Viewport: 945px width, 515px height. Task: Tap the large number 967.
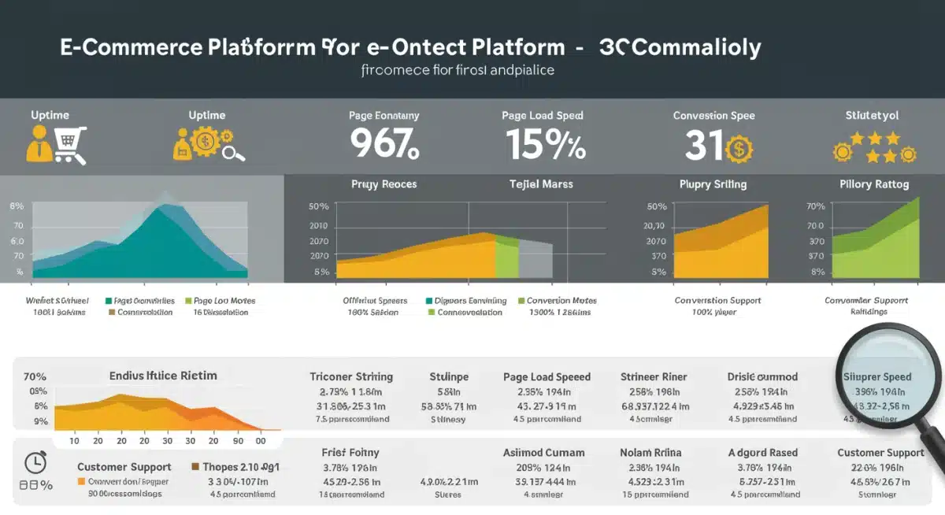(x=384, y=144)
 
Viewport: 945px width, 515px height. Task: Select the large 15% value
(x=545, y=144)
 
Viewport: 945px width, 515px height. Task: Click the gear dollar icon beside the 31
(x=739, y=149)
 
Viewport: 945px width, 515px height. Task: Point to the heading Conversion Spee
(x=713, y=116)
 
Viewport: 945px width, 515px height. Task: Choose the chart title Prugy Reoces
(x=384, y=184)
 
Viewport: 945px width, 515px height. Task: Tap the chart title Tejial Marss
(x=541, y=184)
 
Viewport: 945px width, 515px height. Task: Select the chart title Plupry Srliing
(x=713, y=184)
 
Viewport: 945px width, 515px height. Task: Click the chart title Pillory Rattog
(x=874, y=184)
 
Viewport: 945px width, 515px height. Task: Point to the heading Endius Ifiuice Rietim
(x=163, y=376)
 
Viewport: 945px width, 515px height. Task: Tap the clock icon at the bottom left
(x=35, y=462)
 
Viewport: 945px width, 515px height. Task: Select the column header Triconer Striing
(x=351, y=376)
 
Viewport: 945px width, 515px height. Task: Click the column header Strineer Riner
(x=654, y=376)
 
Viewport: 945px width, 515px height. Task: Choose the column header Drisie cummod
(x=762, y=376)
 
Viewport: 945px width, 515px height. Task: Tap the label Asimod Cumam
(x=543, y=453)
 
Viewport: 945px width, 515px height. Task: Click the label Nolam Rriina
(x=650, y=453)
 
